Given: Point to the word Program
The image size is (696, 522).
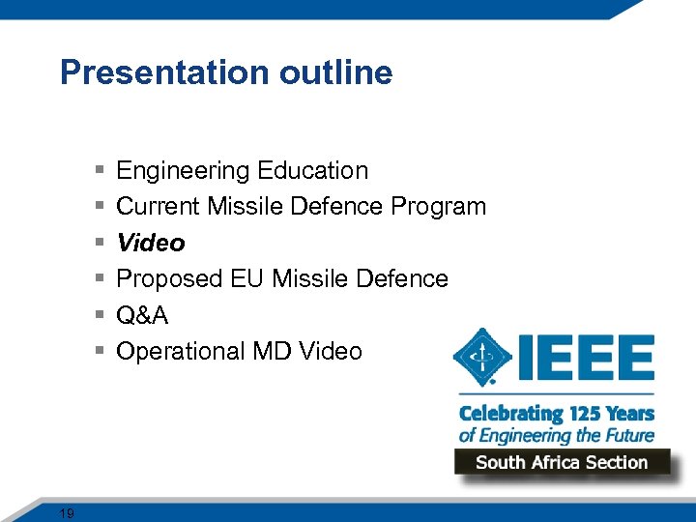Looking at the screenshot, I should [x=439, y=207].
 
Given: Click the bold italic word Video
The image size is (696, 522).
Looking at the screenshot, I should [x=150, y=243].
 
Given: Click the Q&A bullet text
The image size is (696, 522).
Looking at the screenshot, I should [x=142, y=315].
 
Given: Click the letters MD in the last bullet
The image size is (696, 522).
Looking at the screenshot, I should [x=275, y=351].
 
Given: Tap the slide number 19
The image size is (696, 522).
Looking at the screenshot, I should [x=67, y=513].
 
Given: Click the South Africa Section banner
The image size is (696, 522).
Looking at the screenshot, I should [x=562, y=462].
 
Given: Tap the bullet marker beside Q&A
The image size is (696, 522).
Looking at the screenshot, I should [x=101, y=315].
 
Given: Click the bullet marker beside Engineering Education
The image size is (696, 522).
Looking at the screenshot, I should [x=101, y=171].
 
